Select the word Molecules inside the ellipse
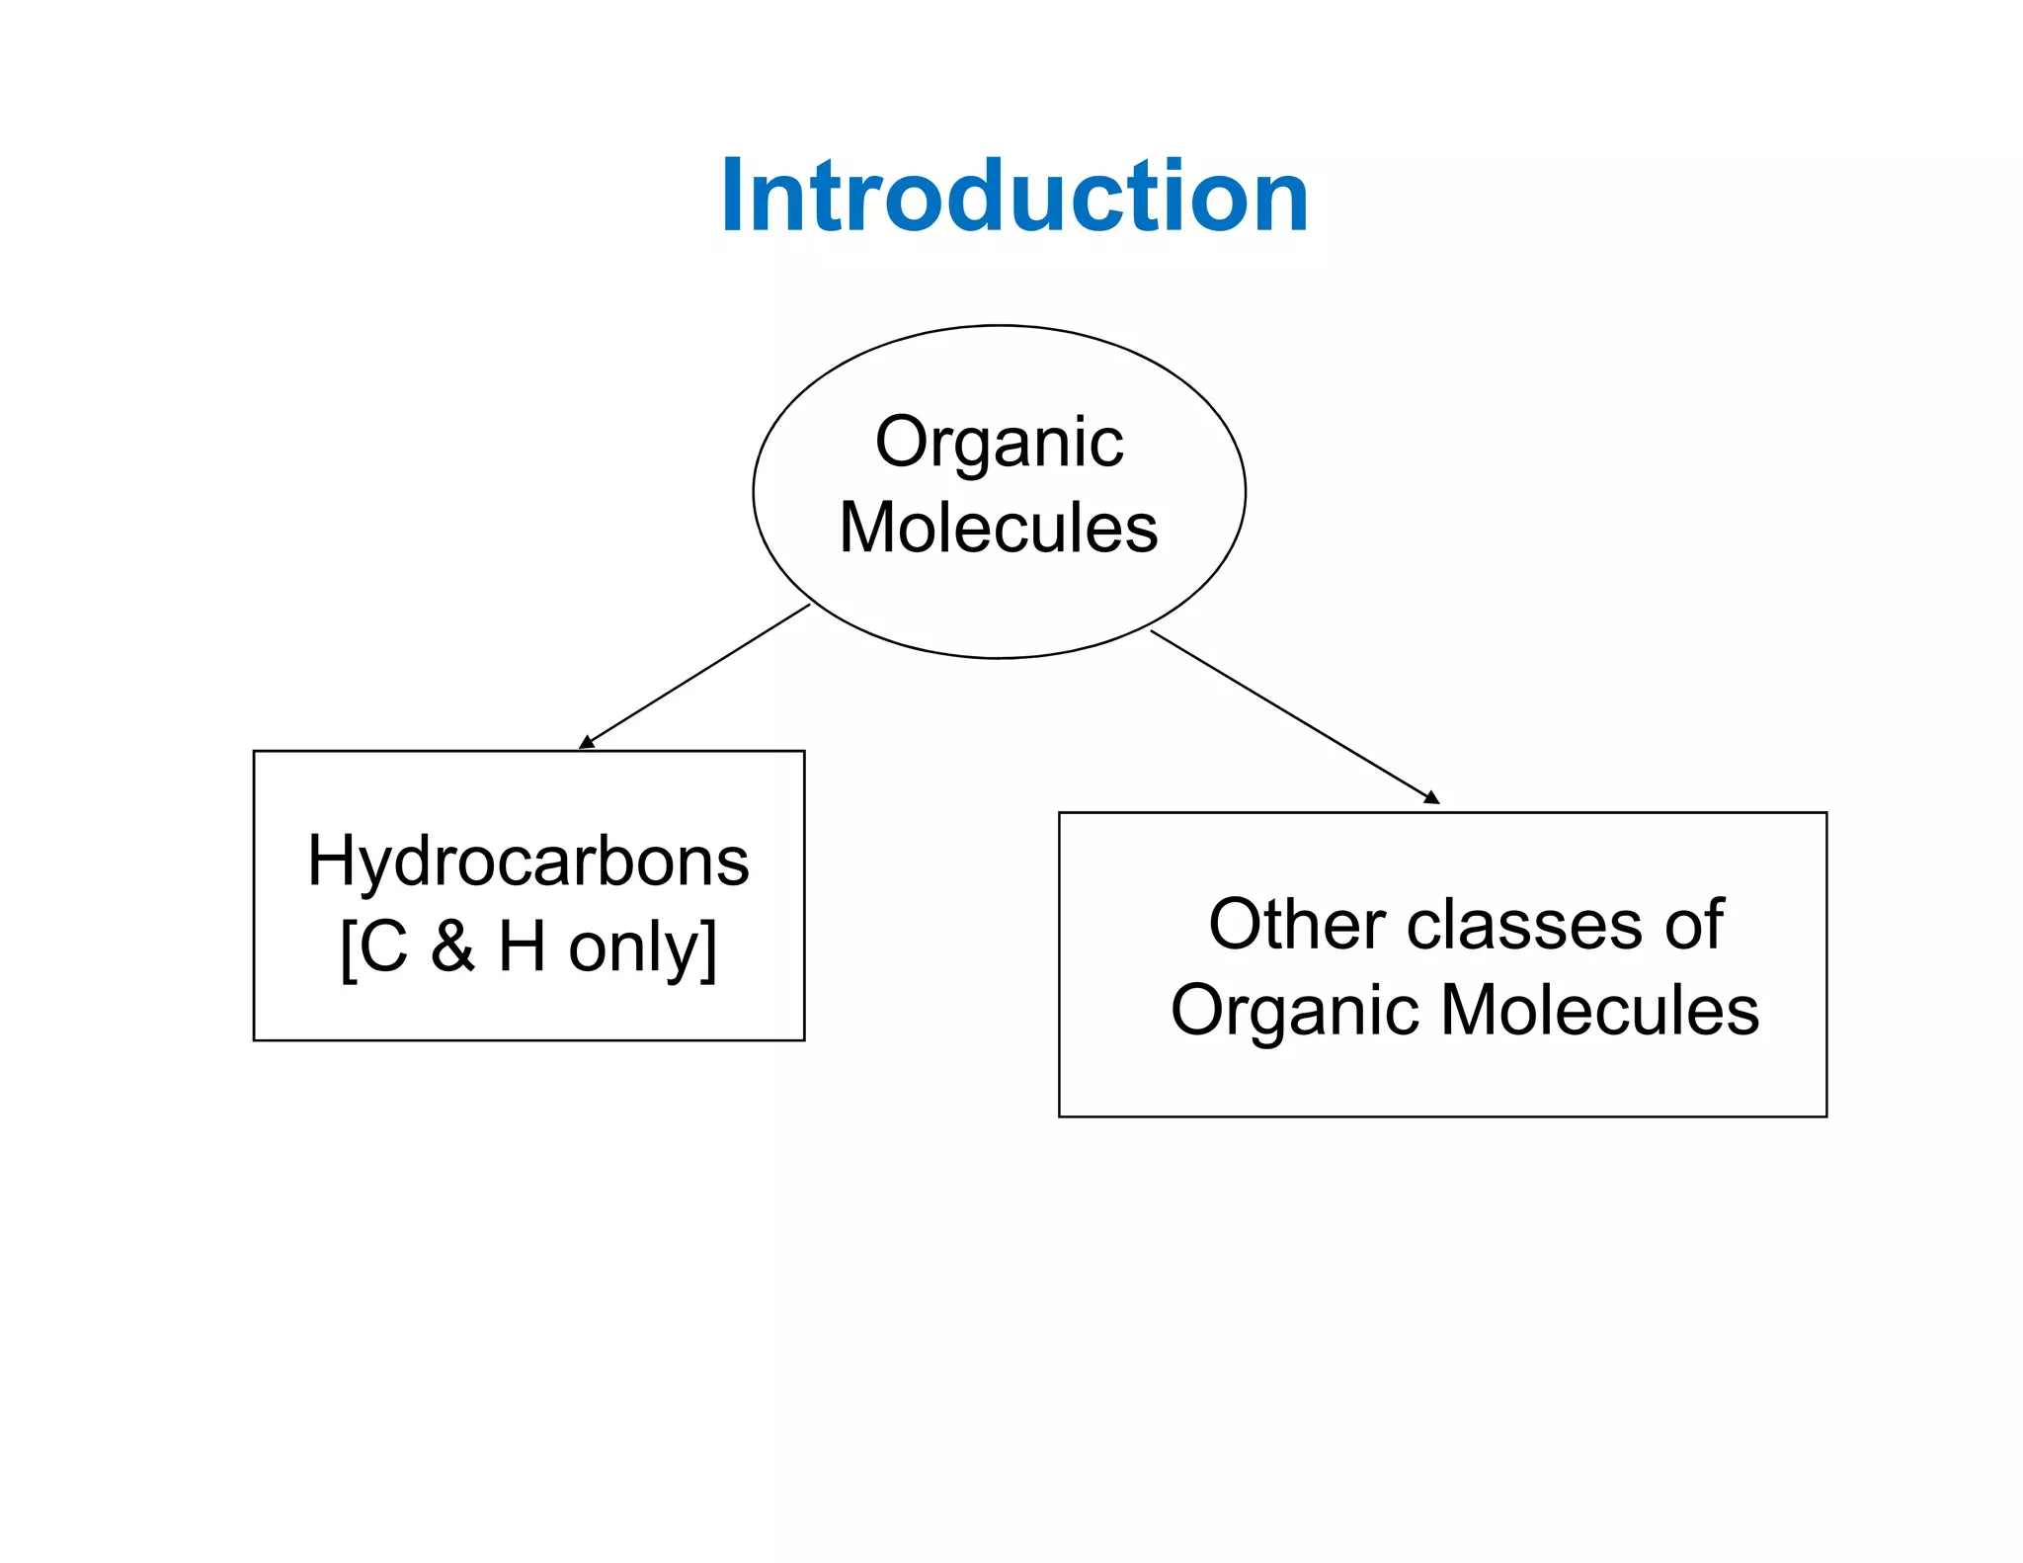999,528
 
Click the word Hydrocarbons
528,862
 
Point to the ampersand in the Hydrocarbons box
452,946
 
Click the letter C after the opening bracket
384,946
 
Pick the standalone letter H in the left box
522,946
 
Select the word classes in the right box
1524,925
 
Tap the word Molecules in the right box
1600,1010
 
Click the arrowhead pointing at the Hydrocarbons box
585,743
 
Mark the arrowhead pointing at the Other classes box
1432,797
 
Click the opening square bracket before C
347,948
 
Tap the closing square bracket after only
708,948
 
